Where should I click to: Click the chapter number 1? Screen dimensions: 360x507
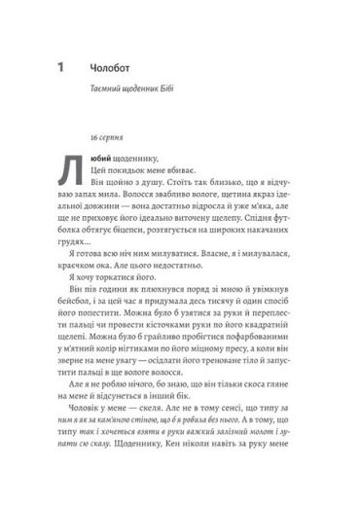[61, 68]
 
